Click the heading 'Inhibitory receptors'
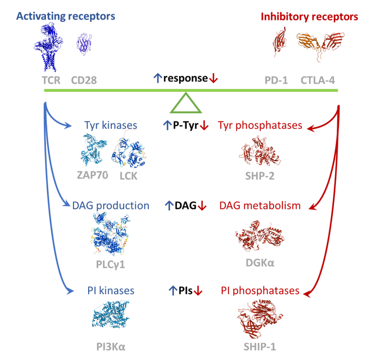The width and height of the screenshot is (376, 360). point(309,16)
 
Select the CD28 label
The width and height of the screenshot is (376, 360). point(84,80)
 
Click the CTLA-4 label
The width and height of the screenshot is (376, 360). point(318,80)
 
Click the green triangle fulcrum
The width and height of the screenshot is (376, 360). point(186,104)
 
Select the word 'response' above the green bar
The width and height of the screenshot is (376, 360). point(185,78)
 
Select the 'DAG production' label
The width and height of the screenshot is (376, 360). point(111,206)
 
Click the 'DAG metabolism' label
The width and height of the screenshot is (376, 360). point(260,206)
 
